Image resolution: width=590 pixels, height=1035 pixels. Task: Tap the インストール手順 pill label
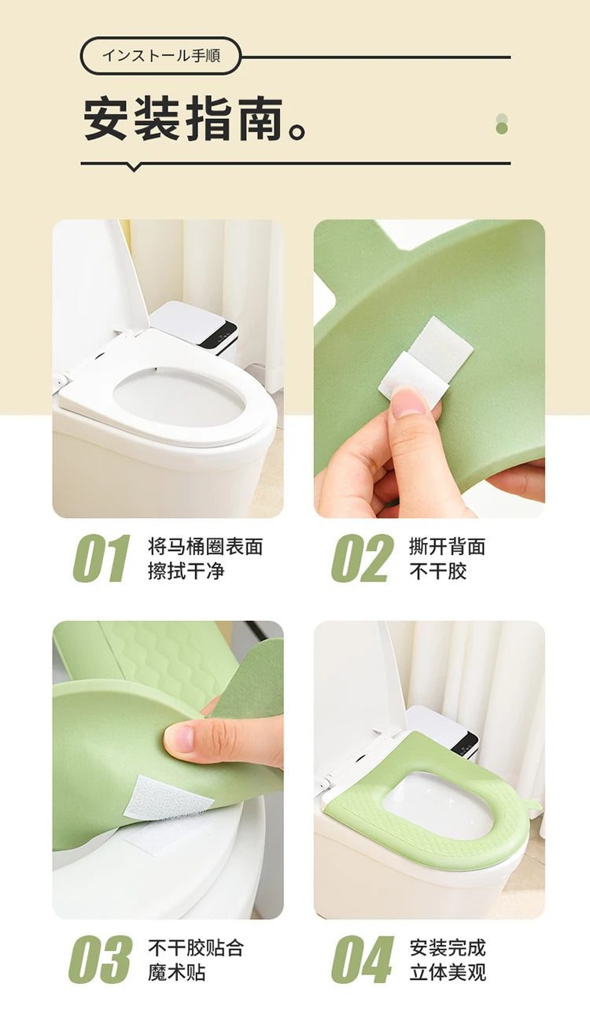pos(161,55)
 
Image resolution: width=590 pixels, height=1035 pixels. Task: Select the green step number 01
pos(101,558)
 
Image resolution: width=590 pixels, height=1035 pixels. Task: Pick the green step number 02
pos(363,558)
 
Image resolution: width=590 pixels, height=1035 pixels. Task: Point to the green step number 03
pos(101,959)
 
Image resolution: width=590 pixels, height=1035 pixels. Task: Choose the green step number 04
pos(363,959)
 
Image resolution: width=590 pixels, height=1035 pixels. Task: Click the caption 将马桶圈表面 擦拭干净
pos(205,559)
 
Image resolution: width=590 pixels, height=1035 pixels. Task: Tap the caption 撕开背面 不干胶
pos(448,559)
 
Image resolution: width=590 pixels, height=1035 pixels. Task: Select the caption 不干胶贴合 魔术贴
pos(196,959)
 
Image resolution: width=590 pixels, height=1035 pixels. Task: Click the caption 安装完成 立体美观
pos(448,959)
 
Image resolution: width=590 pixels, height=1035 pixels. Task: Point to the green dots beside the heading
pos(501,124)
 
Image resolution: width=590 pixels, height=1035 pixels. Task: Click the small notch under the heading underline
pos(134,168)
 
